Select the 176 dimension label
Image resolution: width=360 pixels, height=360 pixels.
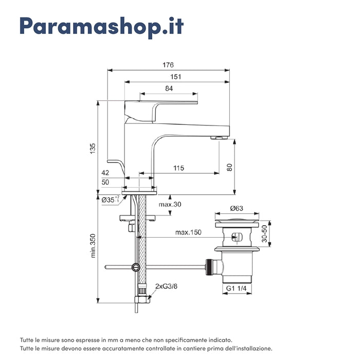[168, 65]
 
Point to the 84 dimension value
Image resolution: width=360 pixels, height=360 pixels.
[169, 88]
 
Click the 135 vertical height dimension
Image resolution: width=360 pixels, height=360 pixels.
[93, 148]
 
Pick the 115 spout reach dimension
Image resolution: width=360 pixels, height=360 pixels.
[178, 168]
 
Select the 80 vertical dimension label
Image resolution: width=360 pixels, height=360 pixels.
[229, 167]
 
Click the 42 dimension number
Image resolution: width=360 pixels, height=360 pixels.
[105, 173]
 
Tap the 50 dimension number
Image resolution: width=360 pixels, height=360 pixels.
[105, 182]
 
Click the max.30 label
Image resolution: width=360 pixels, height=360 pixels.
[170, 205]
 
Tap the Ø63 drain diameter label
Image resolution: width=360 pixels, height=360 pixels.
[237, 208]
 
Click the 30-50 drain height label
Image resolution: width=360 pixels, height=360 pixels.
[264, 234]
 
